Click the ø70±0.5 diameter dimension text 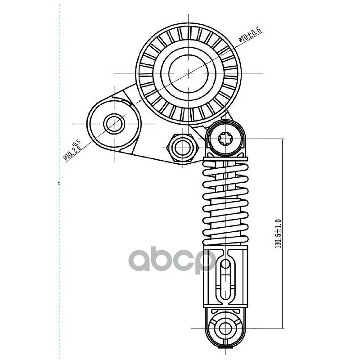pyautogui.click(x=250, y=35)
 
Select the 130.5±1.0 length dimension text pyautogui.click(x=278, y=234)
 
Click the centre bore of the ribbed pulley pyautogui.click(x=189, y=73)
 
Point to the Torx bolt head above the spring pyautogui.click(x=225, y=139)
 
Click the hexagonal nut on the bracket pyautogui.click(x=183, y=148)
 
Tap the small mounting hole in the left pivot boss pyautogui.click(x=114, y=124)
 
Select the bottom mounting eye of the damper pyautogui.click(x=226, y=328)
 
